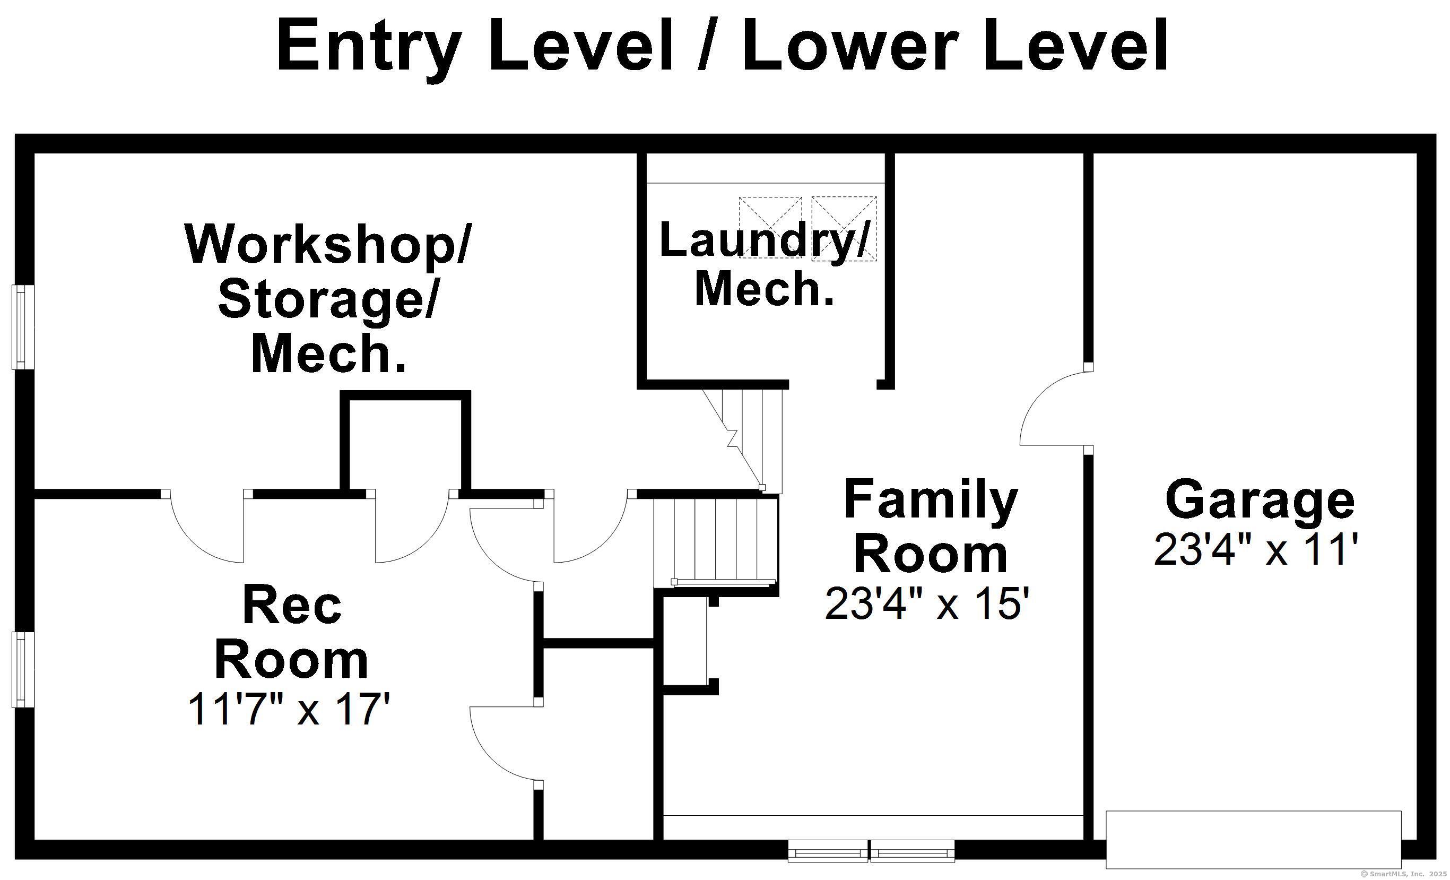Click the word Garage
point(1260,501)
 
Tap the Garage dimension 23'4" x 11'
point(1256,549)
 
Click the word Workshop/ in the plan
point(327,244)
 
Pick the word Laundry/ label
point(765,239)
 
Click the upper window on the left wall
point(23,327)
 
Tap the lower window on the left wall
point(23,669)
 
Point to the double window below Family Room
point(871,851)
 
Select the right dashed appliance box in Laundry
point(844,228)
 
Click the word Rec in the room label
point(292,605)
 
